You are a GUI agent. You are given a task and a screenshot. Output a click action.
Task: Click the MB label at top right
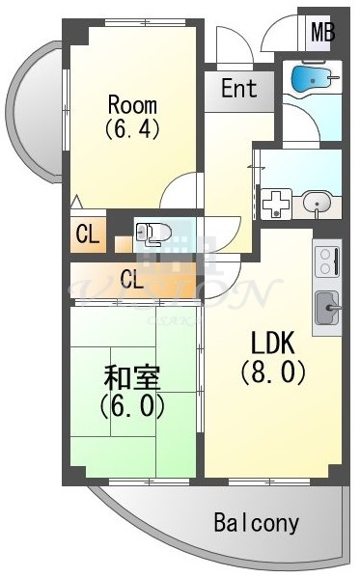[322, 32]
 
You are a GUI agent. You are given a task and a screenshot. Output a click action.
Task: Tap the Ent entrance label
[238, 89]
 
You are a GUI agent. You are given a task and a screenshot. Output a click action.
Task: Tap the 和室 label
[132, 377]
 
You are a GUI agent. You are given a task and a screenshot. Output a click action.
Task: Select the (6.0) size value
[132, 405]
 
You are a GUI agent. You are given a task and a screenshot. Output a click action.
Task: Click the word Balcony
[257, 524]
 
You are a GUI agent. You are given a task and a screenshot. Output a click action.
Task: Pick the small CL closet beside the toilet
[86, 234]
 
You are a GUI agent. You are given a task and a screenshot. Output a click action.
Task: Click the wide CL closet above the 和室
[132, 281]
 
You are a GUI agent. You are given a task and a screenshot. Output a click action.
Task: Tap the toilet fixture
[152, 232]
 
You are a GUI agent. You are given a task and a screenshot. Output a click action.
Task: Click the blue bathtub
[311, 77]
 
